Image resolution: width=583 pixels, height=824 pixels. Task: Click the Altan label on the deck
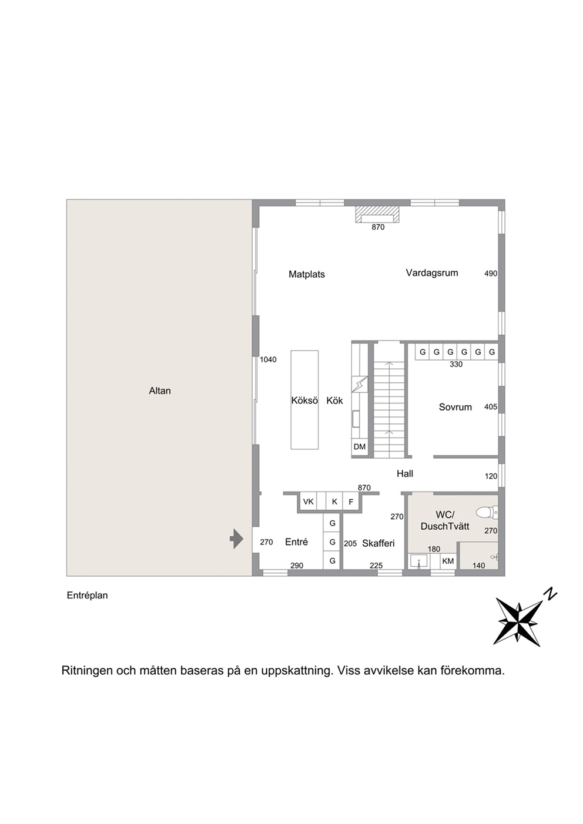160,391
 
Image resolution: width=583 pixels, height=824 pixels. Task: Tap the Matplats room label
307,274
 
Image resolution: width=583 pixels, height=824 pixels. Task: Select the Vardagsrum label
432,273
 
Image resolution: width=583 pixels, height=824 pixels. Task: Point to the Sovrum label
455,407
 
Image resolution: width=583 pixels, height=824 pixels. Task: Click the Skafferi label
378,543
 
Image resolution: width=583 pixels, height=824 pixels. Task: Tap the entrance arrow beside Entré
237,539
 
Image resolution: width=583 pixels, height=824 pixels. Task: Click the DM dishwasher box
360,446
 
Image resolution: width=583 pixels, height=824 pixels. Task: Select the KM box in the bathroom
448,561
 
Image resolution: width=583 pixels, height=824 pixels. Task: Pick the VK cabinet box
309,502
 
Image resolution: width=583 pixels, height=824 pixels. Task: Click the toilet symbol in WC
487,512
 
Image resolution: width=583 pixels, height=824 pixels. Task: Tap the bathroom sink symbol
419,561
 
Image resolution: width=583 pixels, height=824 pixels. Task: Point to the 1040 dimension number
268,360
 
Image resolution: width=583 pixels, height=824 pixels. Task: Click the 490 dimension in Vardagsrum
491,274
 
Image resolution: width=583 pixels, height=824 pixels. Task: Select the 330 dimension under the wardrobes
456,364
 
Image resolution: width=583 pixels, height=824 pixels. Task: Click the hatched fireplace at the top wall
378,214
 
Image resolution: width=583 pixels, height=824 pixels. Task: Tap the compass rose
519,622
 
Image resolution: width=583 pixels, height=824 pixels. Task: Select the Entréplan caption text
87,596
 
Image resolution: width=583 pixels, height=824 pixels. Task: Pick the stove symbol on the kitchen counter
360,385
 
